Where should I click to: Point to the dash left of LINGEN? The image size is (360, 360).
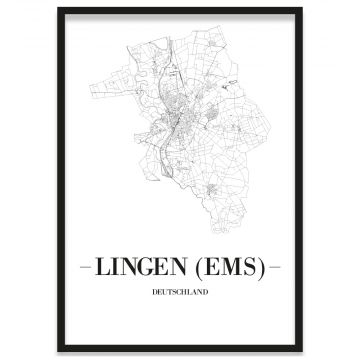pos(84,268)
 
